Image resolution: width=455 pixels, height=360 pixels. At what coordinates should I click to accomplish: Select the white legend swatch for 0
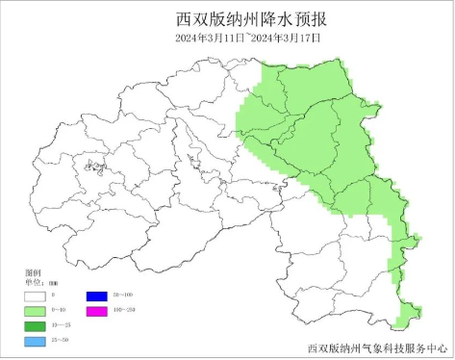pyautogui.click(x=35, y=296)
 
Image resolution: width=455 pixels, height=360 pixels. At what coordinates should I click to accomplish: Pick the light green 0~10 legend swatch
pyautogui.click(x=35, y=312)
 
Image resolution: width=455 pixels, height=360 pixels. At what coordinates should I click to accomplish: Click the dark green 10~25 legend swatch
pyautogui.click(x=35, y=326)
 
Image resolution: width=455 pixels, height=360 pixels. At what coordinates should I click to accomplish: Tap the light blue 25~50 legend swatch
pyautogui.click(x=35, y=342)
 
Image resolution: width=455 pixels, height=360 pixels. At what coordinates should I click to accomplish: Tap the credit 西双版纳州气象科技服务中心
pyautogui.click(x=377, y=347)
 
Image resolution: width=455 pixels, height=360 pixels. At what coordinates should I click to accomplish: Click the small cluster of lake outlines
pyautogui.click(x=95, y=169)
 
